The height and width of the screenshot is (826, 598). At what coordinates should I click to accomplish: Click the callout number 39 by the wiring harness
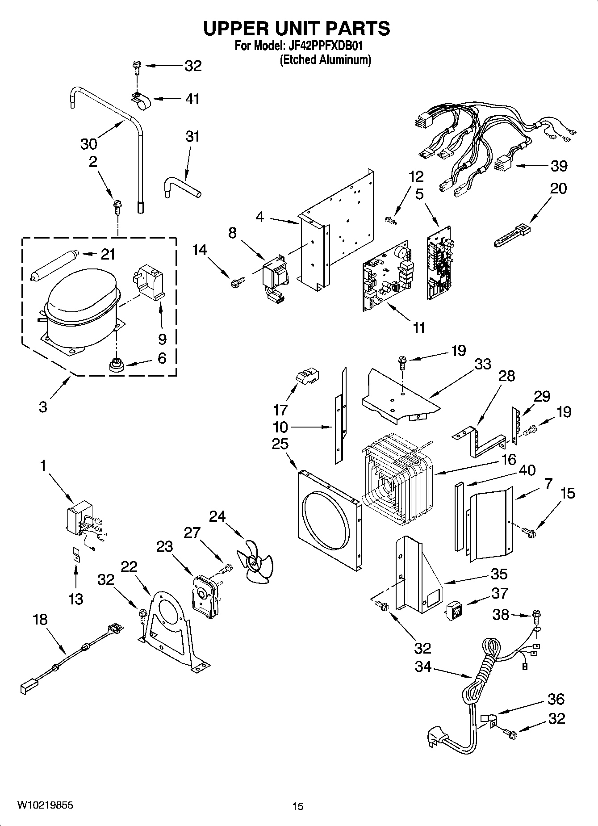(x=559, y=166)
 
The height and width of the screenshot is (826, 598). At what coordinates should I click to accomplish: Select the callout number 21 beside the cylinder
(x=108, y=254)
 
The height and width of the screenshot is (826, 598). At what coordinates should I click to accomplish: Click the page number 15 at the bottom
(x=297, y=806)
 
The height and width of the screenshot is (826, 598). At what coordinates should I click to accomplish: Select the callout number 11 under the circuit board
(x=418, y=328)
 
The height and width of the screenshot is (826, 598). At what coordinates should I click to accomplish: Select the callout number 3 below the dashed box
(x=43, y=407)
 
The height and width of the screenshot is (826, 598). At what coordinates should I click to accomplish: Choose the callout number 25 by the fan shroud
(x=280, y=444)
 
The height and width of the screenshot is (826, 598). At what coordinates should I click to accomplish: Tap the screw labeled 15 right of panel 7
(x=530, y=532)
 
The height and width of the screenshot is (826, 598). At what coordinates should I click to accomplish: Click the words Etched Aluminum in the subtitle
(x=326, y=59)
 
